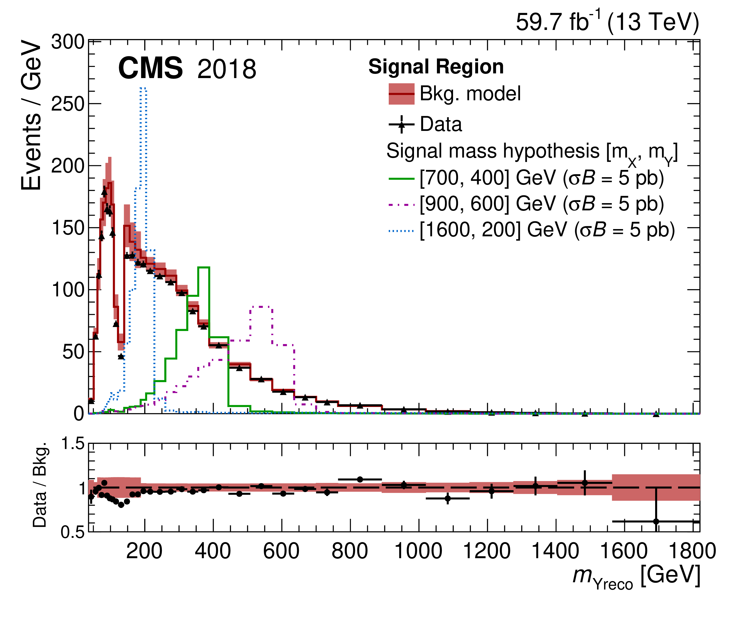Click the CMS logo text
click(150, 68)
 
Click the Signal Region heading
click(436, 67)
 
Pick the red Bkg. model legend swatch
click(402, 94)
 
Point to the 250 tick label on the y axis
click(68, 104)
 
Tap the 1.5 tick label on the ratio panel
click(73, 444)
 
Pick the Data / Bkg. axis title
click(40, 485)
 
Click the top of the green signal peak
click(203, 267)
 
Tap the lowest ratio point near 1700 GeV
click(656, 521)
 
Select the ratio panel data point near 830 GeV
click(360, 479)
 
